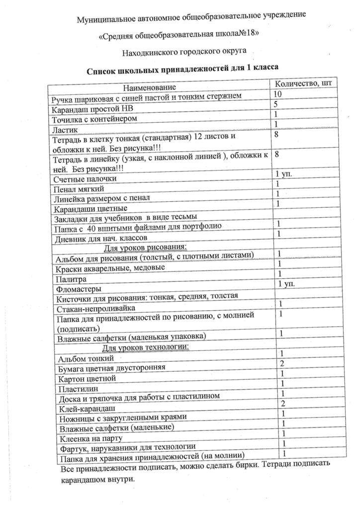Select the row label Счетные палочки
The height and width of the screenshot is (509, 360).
click(x=86, y=178)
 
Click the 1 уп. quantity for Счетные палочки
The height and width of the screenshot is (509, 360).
click(x=284, y=174)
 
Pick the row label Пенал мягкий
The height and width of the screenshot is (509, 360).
click(x=80, y=189)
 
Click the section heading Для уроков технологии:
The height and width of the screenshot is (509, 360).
click(x=146, y=346)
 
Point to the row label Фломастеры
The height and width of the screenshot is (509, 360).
click(x=79, y=289)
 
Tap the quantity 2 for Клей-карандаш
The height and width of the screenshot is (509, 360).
click(x=282, y=403)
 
